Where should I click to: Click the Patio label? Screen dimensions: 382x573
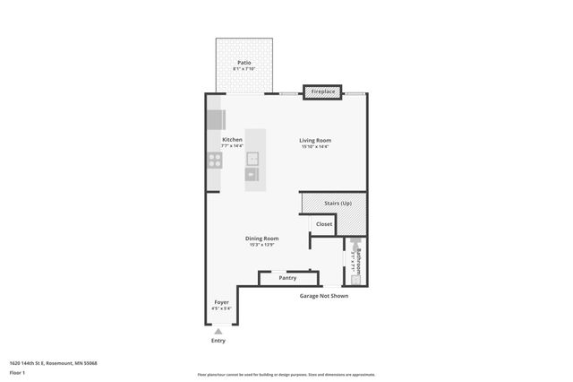point(244,63)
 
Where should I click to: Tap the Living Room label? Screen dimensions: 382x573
point(315,140)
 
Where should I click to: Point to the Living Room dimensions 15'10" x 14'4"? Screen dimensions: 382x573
point(315,146)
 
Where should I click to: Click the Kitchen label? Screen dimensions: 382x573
point(232,140)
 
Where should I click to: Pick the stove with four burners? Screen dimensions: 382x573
point(215,161)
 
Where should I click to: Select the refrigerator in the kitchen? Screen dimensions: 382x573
point(216,120)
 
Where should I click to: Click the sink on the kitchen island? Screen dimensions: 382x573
point(253,161)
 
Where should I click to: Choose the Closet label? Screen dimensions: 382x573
point(323,224)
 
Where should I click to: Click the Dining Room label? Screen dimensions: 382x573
point(263,239)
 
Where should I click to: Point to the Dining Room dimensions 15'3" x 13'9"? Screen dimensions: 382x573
point(263,245)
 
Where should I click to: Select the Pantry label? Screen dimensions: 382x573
point(287,278)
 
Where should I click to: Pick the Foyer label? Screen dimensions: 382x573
point(220,302)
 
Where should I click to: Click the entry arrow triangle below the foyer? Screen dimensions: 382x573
point(218,331)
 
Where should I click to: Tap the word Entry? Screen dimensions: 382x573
point(218,341)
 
